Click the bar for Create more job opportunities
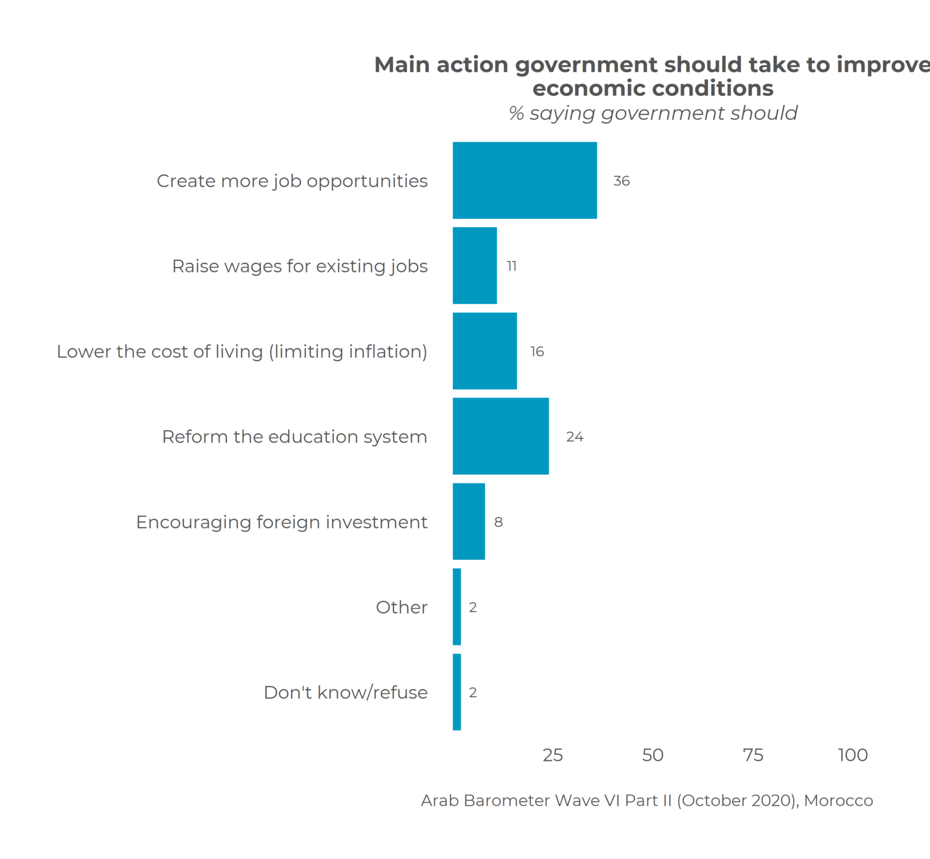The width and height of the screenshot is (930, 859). click(x=524, y=181)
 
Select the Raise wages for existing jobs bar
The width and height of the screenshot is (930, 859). click(x=475, y=266)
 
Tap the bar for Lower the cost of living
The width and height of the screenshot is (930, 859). click(x=484, y=351)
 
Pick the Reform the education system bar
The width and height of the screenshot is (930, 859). click(x=501, y=436)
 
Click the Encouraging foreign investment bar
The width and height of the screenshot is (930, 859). click(x=469, y=522)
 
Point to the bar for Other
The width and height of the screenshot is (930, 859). click(x=457, y=607)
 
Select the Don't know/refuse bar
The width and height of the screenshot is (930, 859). click(x=457, y=692)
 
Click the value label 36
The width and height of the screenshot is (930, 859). click(x=621, y=181)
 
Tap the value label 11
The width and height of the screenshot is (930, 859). click(x=512, y=267)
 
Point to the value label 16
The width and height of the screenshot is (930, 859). click(x=537, y=352)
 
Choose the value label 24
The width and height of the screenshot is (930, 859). click(x=575, y=437)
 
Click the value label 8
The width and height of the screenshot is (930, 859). click(x=498, y=522)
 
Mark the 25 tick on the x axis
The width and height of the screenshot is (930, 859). click(x=553, y=755)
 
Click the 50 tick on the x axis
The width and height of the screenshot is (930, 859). click(x=653, y=755)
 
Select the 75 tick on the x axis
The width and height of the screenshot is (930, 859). click(x=753, y=755)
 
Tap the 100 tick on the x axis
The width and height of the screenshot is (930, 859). click(x=852, y=755)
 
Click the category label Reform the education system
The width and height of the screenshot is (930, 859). click(x=294, y=437)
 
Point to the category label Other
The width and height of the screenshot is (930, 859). click(x=401, y=608)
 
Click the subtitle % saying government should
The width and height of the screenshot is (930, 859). click(x=653, y=113)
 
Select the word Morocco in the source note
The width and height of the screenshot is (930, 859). click(x=839, y=801)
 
